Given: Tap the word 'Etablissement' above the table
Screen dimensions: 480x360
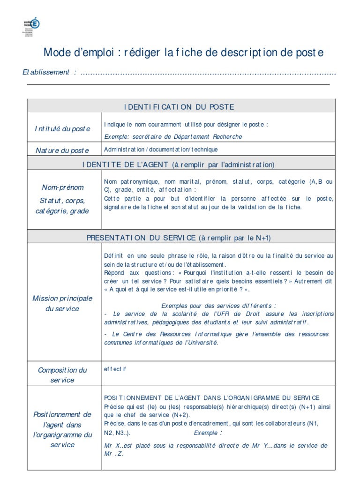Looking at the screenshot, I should pyautogui.click(x=46, y=72).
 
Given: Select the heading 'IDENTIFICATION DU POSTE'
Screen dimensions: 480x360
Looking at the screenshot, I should pyautogui.click(x=179, y=107).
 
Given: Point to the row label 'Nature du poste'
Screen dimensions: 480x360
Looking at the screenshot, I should pyautogui.click(x=62, y=150).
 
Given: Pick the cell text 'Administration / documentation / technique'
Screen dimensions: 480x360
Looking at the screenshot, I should pyautogui.click(x=161, y=150).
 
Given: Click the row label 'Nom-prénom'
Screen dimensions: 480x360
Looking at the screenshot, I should pyautogui.click(x=62, y=187).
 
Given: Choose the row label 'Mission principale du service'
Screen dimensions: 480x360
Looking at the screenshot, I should pyautogui.click(x=62, y=303).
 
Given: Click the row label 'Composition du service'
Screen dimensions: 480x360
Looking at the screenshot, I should pyautogui.click(x=62, y=375).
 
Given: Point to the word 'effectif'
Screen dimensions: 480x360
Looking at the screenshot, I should pyautogui.click(x=115, y=369).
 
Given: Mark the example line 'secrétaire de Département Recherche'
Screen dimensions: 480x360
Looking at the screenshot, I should pyautogui.click(x=187, y=136).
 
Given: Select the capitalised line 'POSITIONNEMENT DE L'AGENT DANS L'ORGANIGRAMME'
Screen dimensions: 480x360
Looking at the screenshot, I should pyautogui.click(x=211, y=397).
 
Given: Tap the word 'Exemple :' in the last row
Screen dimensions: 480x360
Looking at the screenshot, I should pyautogui.click(x=208, y=432).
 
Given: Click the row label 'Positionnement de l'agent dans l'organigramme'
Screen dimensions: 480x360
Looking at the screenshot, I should pyautogui.click(x=62, y=429).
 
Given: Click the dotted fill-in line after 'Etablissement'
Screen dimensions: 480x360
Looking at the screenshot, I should pyautogui.click(x=209, y=73).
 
